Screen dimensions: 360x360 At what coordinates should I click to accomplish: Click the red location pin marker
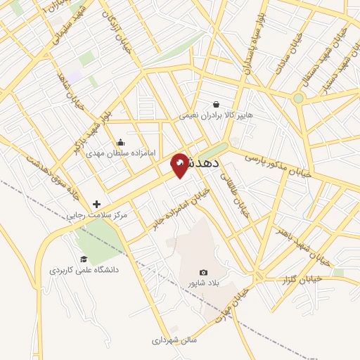coord(180,165)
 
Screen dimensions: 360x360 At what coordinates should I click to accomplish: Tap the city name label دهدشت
coord(204,162)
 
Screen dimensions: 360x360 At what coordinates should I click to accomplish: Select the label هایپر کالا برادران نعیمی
coord(215,115)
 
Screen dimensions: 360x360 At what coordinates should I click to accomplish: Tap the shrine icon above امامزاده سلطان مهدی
coord(120,141)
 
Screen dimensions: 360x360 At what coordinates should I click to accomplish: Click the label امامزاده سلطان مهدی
coord(115,152)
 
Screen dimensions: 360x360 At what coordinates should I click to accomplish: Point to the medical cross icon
coord(96,204)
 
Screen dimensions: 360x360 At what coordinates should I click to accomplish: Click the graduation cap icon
coord(84,259)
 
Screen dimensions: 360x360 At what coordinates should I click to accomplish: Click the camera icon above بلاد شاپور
coord(204,272)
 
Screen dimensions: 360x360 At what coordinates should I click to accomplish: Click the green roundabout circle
coord(298,98)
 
